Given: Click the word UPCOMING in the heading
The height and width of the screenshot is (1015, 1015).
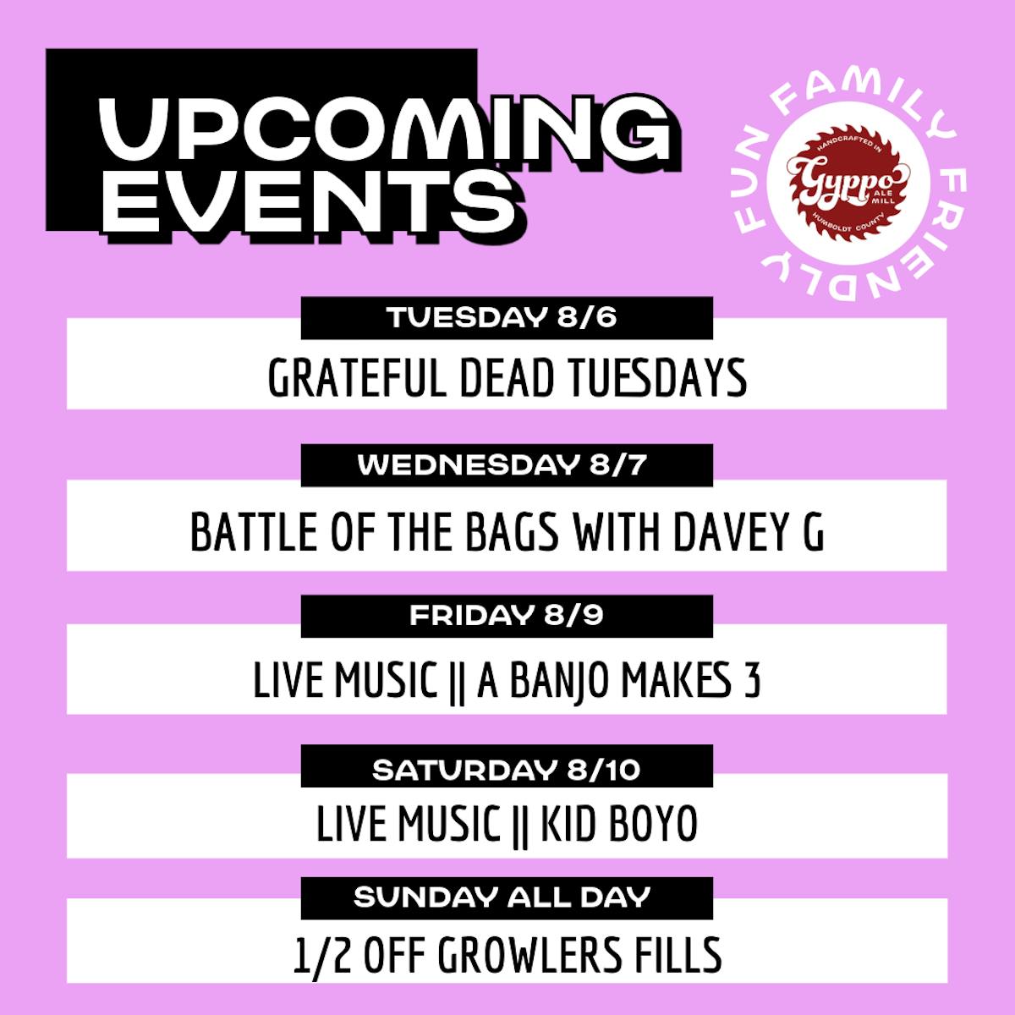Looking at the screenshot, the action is point(385,129).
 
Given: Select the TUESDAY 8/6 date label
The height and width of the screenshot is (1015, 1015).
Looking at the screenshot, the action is point(502,318).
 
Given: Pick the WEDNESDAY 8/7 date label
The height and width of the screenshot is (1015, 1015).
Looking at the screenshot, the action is point(502,465).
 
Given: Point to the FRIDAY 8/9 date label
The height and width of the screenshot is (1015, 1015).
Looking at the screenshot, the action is point(506,615).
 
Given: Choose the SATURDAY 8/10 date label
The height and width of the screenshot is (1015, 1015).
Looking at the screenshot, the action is point(506,771).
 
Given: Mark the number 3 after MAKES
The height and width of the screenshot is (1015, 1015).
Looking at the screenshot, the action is point(754,681).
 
